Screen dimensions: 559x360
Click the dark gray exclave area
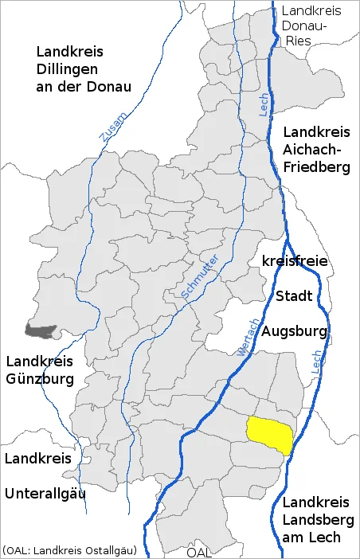click(39, 329)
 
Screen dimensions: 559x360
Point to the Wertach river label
click(248, 336)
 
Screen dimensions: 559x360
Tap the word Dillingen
click(70, 68)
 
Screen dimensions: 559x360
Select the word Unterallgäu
click(45, 494)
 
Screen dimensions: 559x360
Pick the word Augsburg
click(295, 330)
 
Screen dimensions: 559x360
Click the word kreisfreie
click(295, 261)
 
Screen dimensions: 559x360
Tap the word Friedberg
click(317, 167)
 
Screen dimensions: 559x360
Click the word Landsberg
click(316, 520)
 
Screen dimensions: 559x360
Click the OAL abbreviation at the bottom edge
click(200, 552)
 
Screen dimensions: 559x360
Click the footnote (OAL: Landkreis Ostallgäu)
click(69, 550)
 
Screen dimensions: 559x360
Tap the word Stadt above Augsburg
click(294, 296)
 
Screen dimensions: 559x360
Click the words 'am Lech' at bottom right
click(312, 537)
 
